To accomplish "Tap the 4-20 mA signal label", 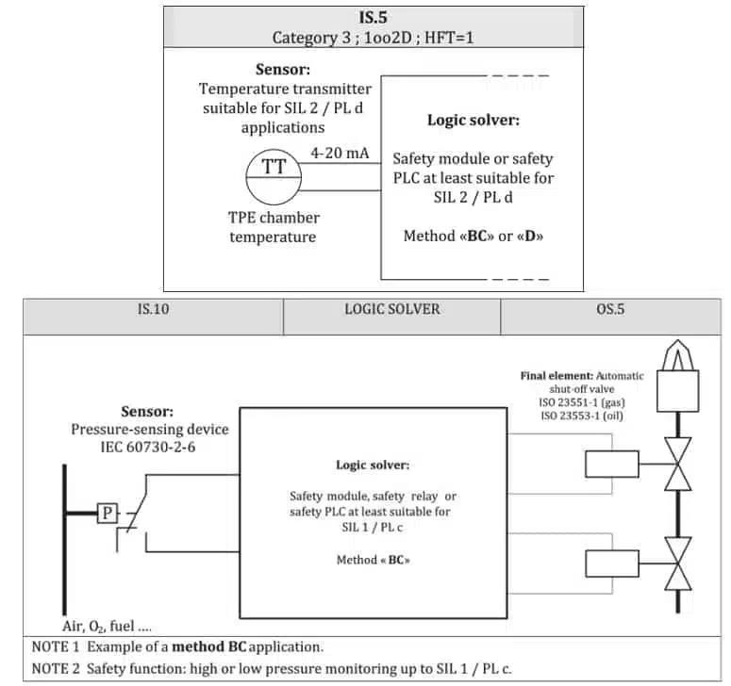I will click(340, 153).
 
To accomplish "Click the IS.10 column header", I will click(153, 308).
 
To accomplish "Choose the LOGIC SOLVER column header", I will click(391, 308).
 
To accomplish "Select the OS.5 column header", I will click(610, 308).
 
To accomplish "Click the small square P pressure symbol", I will click(108, 513).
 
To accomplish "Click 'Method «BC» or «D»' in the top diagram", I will click(473, 236).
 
